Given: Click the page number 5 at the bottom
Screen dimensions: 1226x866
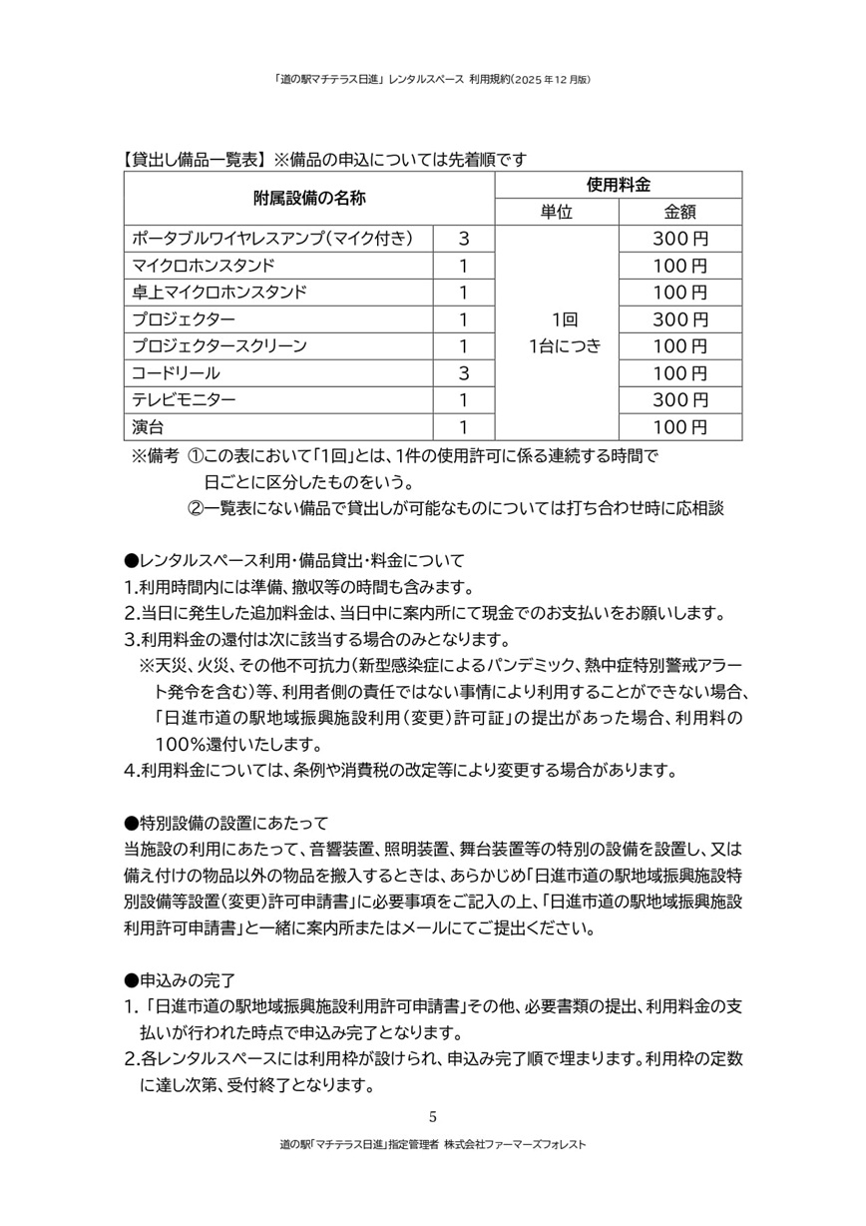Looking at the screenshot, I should pos(432,1116).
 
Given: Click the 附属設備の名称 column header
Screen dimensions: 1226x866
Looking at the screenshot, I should pos(309,198).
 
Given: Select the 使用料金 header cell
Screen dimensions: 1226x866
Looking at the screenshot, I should pos(618,185).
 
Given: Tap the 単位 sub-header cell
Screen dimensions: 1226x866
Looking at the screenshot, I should pos(557,212).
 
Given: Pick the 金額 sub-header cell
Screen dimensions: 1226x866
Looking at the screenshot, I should pos(679,212).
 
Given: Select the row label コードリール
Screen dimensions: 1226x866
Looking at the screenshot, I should pos(176,373).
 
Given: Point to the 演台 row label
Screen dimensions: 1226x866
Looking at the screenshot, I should pos(148,427).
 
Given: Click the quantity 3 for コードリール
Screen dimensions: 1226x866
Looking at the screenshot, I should pos(463,373).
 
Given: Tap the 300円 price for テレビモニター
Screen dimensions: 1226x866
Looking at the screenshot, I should pos(679,400).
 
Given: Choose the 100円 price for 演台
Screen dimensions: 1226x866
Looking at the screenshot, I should pos(679,427).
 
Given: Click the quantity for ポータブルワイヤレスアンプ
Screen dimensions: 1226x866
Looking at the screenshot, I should pos(463,239).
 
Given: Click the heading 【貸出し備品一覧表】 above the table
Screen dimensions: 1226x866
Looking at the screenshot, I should pos(192,159).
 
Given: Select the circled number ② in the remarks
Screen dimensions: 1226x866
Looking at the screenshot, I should pos(197,508).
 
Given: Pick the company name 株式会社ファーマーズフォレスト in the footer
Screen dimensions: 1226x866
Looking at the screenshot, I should pos(515,1144).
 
